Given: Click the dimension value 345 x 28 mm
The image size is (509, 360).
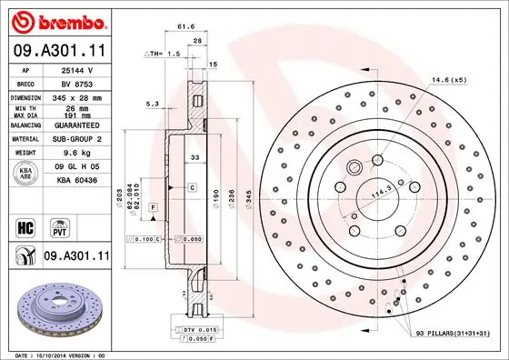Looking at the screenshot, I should [75, 95].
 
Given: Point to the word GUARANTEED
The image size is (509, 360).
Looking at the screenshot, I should [75, 125].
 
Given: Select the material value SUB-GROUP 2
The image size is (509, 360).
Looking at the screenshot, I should [75, 140].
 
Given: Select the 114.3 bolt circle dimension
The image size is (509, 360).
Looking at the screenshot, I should [376, 192].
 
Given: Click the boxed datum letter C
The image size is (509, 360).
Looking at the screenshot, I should [193, 186].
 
